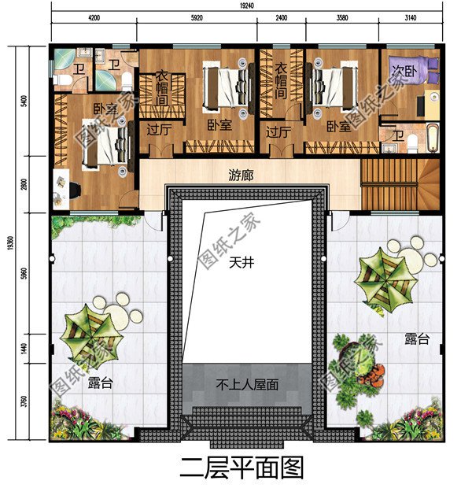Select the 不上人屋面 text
(x=247, y=385)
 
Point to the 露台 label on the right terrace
(x=417, y=340)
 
